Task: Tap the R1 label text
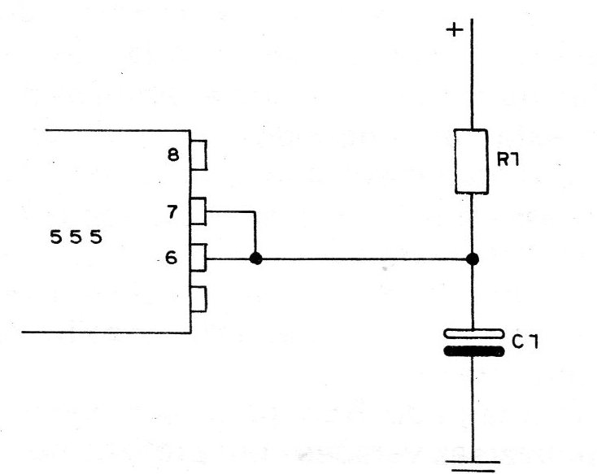[x=508, y=160]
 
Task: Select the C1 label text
[x=525, y=342]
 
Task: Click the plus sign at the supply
[x=455, y=29]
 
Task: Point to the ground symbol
[x=473, y=467]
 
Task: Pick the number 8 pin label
[x=173, y=155]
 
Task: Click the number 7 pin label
[x=172, y=211]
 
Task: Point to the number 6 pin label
[x=172, y=258]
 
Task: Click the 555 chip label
[x=76, y=237]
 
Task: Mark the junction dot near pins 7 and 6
[x=256, y=259]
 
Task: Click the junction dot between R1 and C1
[x=473, y=259]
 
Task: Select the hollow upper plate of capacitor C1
[x=473, y=334]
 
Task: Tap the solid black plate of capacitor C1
[x=474, y=351]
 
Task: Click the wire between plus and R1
[x=472, y=74]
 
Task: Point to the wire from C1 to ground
[x=473, y=409]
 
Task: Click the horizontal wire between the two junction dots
[x=364, y=259]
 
